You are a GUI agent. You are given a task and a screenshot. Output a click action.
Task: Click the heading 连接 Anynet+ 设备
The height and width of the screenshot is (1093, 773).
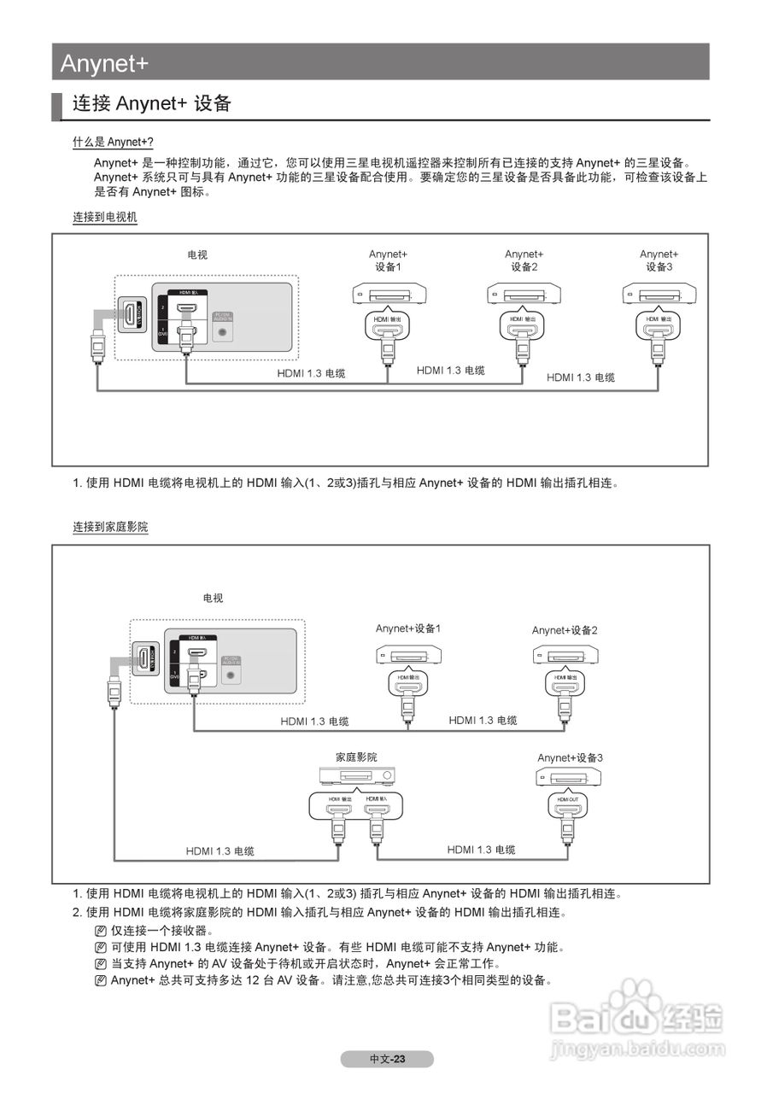pos(152,104)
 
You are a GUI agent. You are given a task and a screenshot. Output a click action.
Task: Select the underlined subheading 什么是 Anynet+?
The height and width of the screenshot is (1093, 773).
pos(113,143)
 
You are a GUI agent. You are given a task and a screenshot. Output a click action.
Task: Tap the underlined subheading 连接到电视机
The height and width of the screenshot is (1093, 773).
pos(104,218)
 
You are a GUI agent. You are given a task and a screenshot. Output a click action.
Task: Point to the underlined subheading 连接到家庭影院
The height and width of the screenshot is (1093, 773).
pos(110,528)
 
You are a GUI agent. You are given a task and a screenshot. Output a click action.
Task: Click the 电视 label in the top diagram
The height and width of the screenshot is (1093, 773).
pos(197,254)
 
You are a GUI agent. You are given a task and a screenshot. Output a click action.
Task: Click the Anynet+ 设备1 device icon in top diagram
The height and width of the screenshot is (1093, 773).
pos(389,295)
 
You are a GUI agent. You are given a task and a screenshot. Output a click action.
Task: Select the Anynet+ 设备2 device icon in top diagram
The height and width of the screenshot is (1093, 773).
pos(524,295)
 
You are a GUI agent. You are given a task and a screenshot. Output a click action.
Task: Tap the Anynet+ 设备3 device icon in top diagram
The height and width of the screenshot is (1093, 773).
pos(659,295)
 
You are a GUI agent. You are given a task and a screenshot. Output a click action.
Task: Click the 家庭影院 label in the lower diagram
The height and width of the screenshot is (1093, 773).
pos(356,757)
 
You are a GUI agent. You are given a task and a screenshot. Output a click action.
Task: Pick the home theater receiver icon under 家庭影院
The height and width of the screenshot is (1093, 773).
pos(357,776)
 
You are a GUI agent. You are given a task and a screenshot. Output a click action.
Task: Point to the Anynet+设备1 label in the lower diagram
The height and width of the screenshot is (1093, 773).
pos(408,629)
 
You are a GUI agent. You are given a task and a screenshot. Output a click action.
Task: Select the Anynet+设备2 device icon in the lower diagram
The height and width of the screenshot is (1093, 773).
pos(565,656)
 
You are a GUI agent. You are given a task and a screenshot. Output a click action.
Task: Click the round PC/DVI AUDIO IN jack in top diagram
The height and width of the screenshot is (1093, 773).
pos(224,331)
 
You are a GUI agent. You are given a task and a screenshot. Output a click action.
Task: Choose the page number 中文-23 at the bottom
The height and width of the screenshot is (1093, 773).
pos(387,1059)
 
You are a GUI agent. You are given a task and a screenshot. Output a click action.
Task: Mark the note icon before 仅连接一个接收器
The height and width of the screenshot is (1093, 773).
pos(101,931)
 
